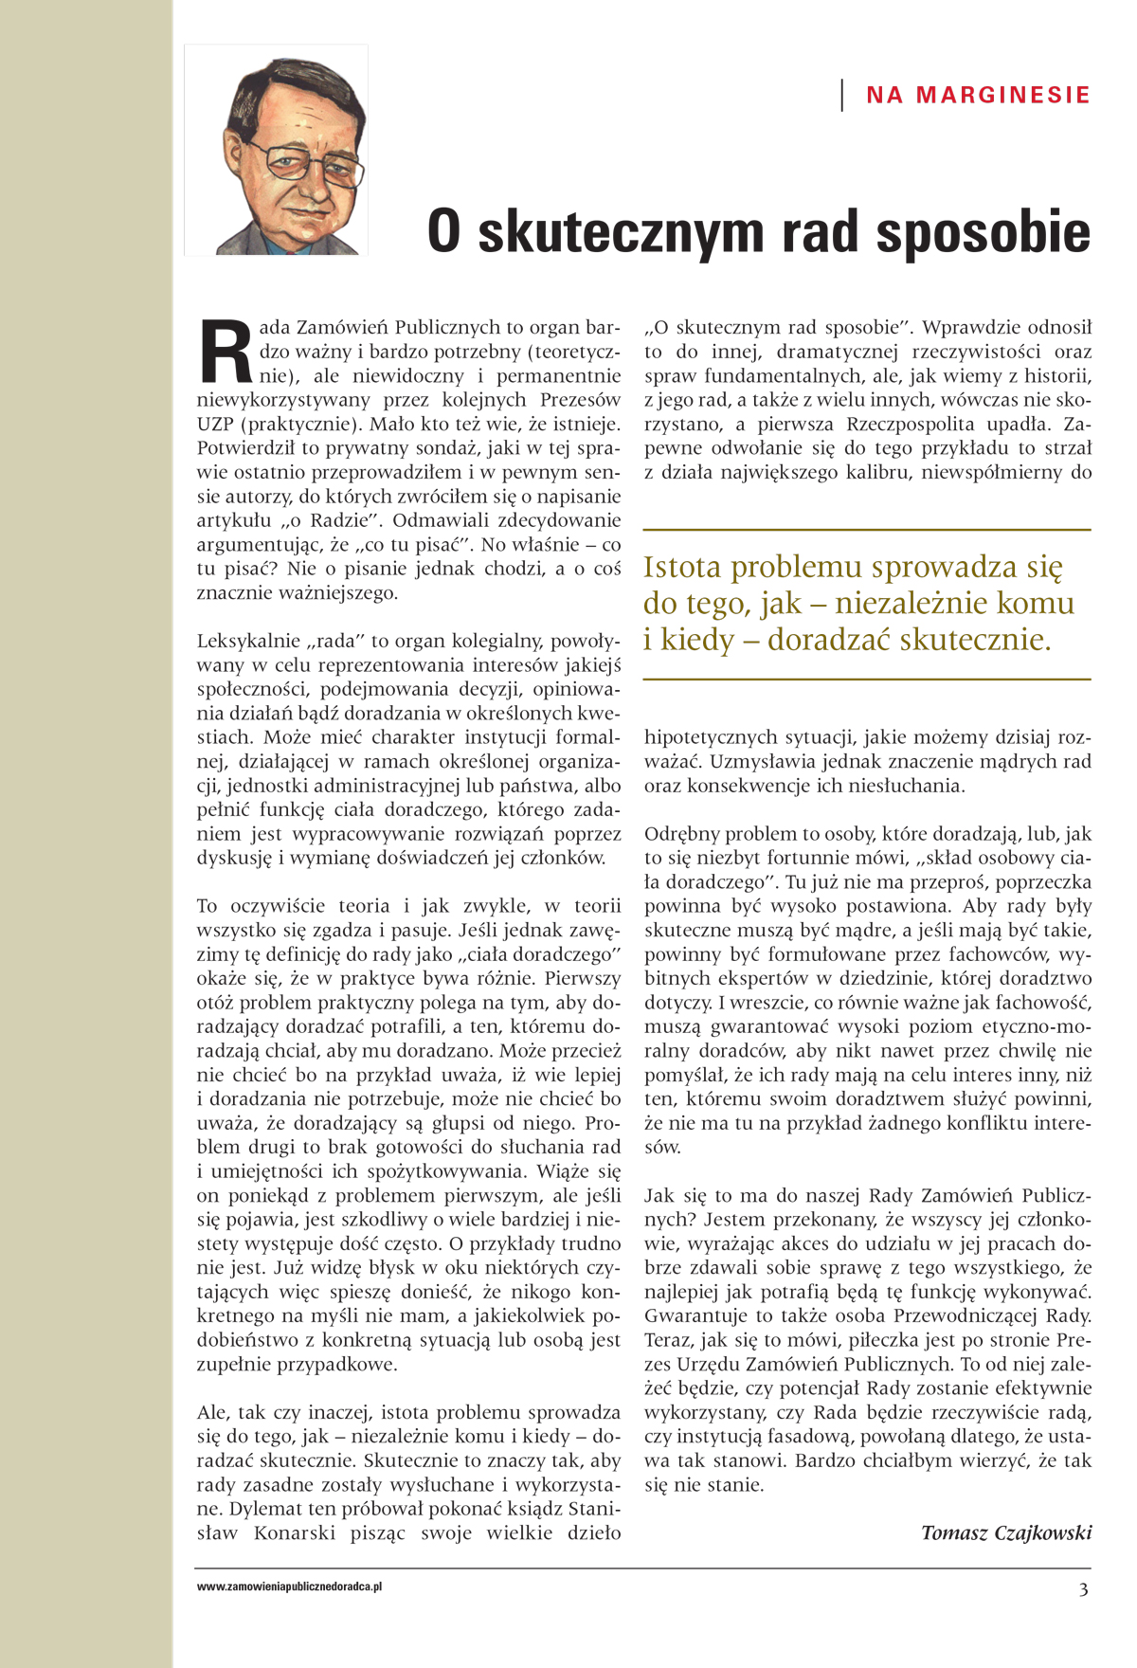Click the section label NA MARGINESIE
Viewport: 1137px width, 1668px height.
coord(978,95)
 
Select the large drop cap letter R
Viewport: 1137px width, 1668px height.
coord(226,351)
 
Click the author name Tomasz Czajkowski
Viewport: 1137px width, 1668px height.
coord(1006,1532)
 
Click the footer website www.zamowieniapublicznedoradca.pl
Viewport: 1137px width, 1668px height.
coord(289,1586)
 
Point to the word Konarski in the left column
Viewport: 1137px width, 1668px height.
coord(295,1532)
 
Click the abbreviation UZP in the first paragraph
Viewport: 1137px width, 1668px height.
coord(215,424)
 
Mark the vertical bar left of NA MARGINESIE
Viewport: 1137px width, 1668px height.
coord(842,95)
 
